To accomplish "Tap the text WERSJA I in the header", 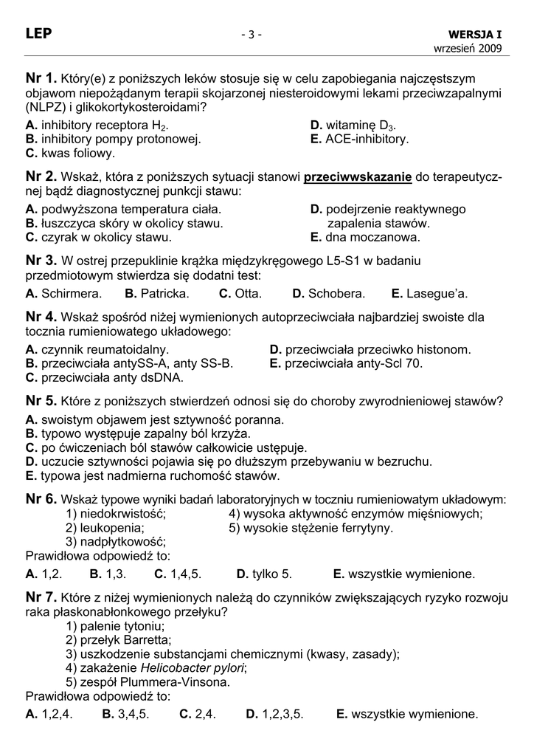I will click(475, 35).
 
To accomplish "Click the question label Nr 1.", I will click(41, 78).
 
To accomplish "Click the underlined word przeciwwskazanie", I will click(358, 177).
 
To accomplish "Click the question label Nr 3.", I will click(41, 260).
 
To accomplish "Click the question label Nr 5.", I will click(41, 401).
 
